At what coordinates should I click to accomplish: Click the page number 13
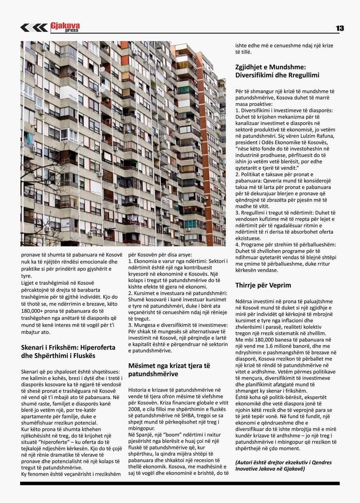(340, 29)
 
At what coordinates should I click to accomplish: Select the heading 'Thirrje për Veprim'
(263, 285)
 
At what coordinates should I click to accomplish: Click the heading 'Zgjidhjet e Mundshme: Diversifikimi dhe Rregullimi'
(277, 71)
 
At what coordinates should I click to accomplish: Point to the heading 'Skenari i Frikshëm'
(68, 352)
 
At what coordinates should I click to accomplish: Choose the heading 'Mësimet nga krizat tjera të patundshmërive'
(169, 370)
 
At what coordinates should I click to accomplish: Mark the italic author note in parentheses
(283, 465)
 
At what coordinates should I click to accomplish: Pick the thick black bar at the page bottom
(180, 483)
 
